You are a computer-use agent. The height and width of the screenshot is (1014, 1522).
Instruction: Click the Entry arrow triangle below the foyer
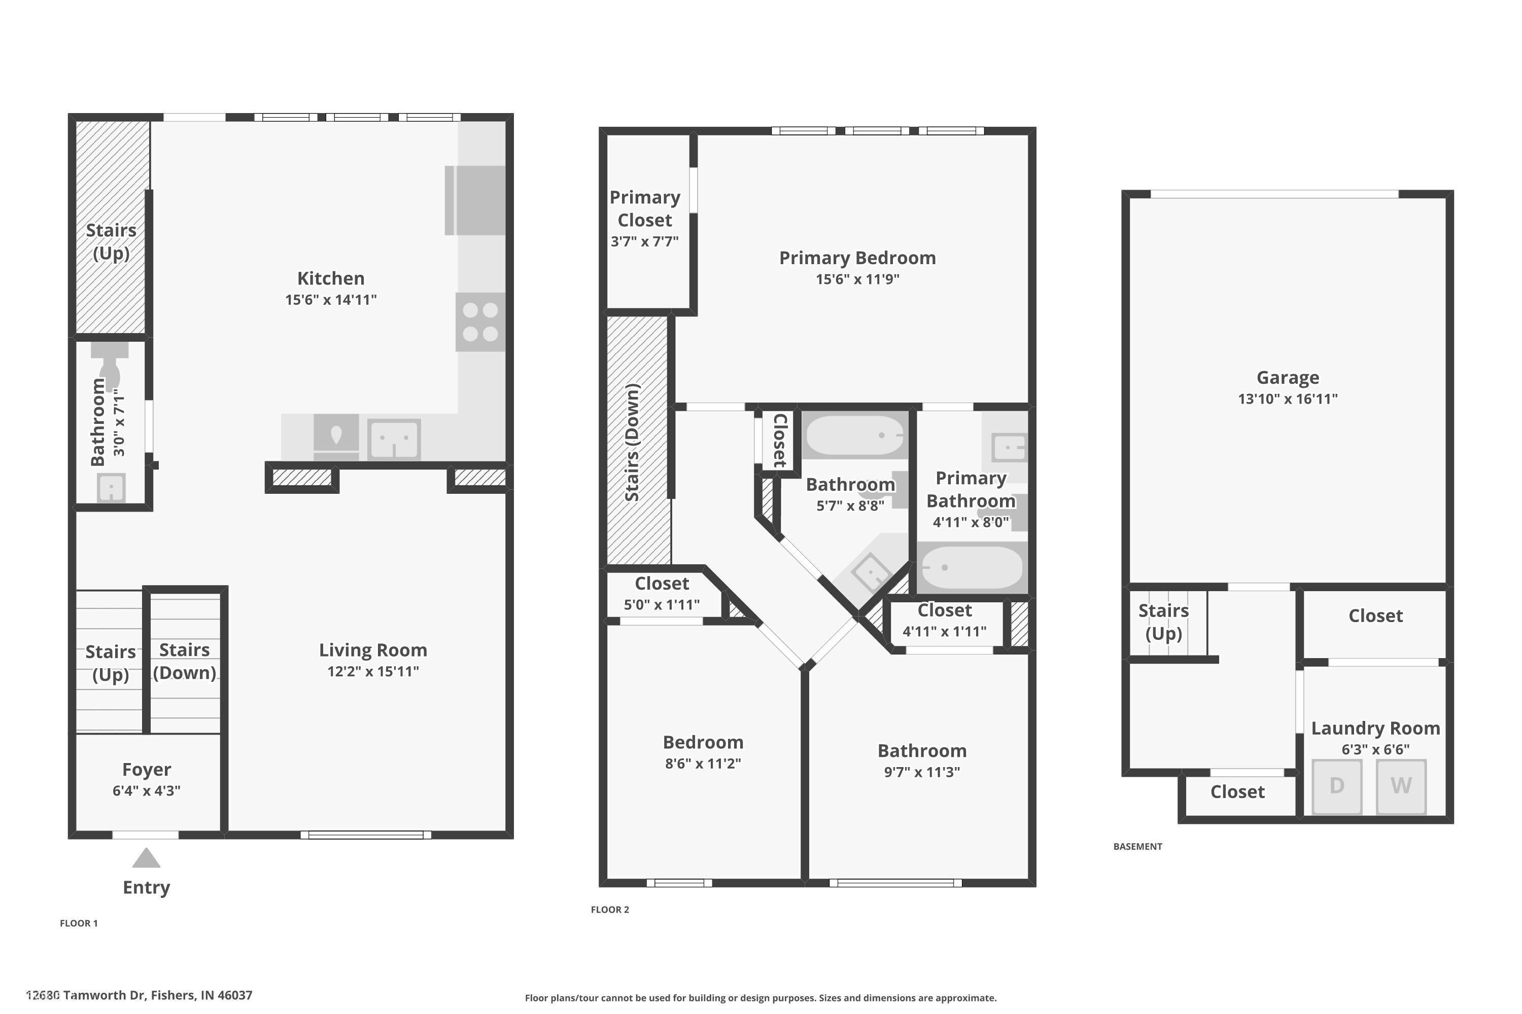146,859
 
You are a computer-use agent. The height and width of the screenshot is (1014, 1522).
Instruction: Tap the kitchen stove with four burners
480,322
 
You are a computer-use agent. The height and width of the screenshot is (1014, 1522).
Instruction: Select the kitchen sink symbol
394,439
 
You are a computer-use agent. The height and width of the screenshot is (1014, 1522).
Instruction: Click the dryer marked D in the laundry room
1337,786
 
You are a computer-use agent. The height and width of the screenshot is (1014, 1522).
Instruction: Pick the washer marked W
1401,786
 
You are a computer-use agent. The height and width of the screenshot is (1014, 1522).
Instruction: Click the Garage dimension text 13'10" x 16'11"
1288,399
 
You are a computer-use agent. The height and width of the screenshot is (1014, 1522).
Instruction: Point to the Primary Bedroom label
857,258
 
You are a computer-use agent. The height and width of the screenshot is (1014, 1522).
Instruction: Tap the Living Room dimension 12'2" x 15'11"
373,671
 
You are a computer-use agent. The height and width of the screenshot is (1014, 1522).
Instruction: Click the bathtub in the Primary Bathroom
972,567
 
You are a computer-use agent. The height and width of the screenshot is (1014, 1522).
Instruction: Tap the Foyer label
146,770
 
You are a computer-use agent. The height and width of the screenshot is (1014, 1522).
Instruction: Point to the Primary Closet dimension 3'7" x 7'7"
644,242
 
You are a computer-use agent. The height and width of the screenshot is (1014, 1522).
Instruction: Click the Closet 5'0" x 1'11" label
662,584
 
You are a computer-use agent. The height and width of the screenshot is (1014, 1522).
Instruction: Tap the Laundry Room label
1375,728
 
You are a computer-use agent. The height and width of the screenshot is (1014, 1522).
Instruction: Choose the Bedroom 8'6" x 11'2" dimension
703,763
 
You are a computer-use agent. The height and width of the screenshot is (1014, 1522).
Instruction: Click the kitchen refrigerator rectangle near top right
476,200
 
